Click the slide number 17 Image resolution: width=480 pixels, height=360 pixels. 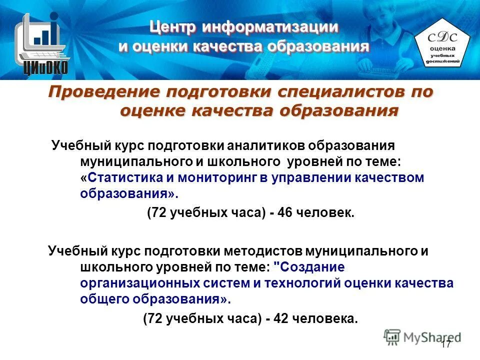(x=446, y=344)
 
